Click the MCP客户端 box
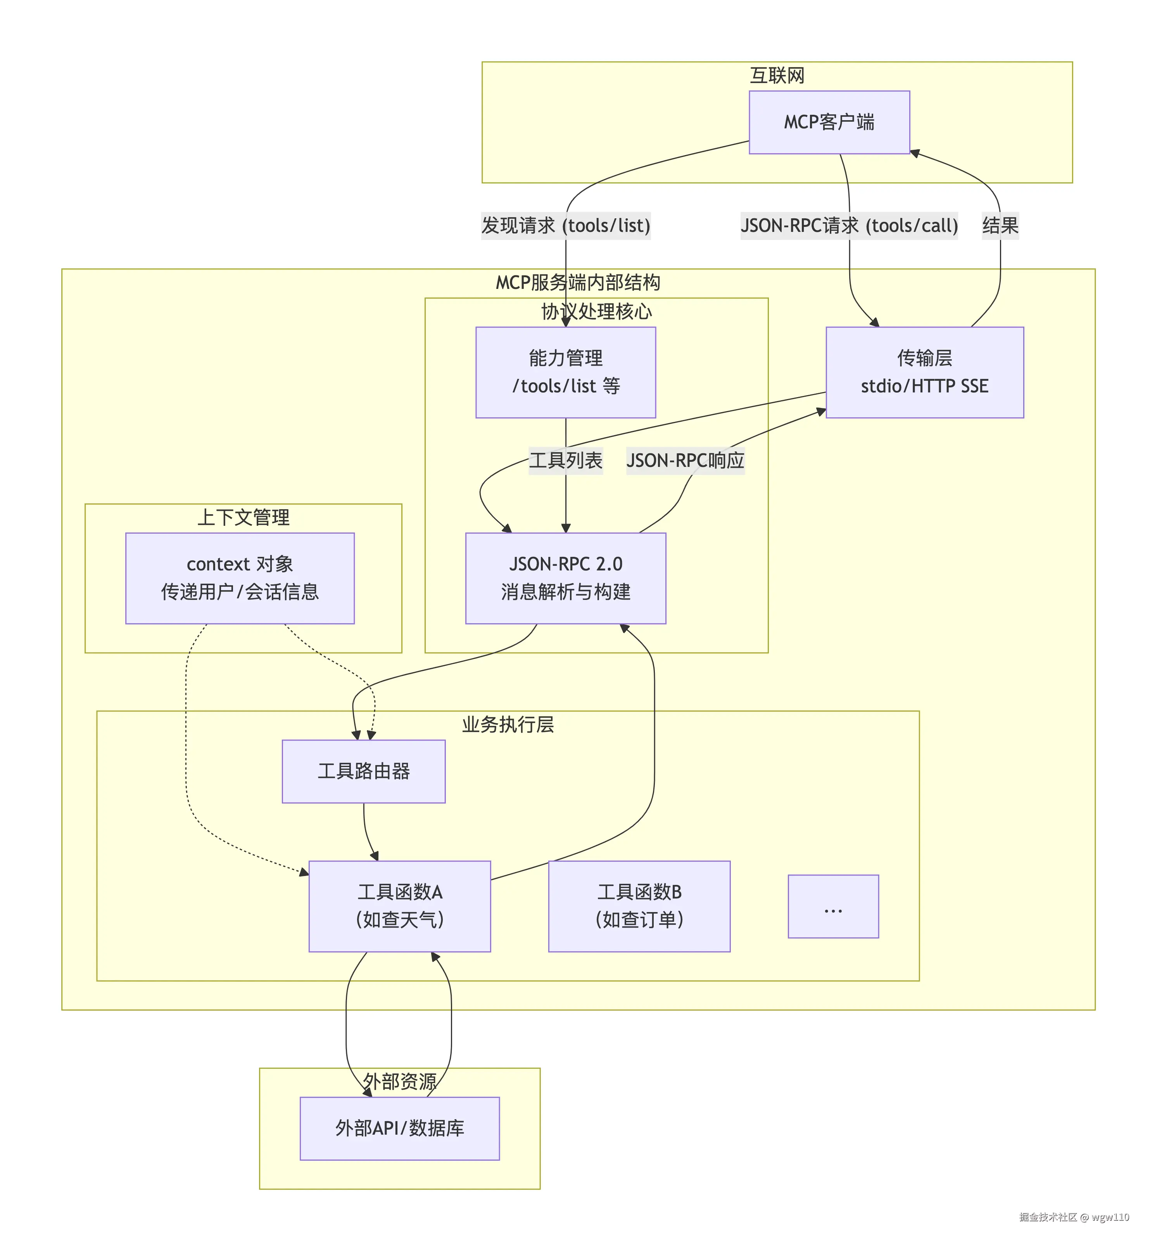(x=829, y=122)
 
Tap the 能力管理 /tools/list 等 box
(x=565, y=372)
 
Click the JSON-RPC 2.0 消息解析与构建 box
(x=565, y=578)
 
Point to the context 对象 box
(x=240, y=578)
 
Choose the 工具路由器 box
(x=363, y=771)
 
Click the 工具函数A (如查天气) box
(x=399, y=905)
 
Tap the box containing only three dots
(x=833, y=906)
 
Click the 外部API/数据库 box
(x=399, y=1128)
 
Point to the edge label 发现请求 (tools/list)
(x=565, y=225)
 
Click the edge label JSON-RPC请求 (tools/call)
(x=849, y=225)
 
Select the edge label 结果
(x=1000, y=225)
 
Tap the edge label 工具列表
(x=565, y=461)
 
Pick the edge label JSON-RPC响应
(x=685, y=461)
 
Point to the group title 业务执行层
(x=508, y=724)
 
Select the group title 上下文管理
(x=243, y=517)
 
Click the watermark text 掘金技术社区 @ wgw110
(x=1073, y=1216)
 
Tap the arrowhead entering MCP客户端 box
(x=915, y=153)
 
